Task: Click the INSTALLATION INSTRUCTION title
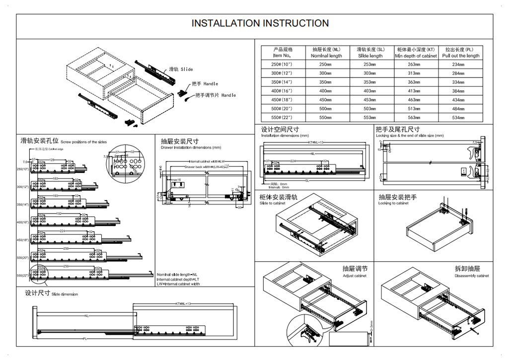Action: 260,23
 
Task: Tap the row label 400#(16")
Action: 282,91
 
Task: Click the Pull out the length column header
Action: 461,53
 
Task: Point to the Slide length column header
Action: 370,53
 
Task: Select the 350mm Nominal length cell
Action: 325,82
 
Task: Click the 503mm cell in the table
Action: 369,109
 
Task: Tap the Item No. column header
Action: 282,53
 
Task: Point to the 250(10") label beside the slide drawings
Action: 23,169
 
